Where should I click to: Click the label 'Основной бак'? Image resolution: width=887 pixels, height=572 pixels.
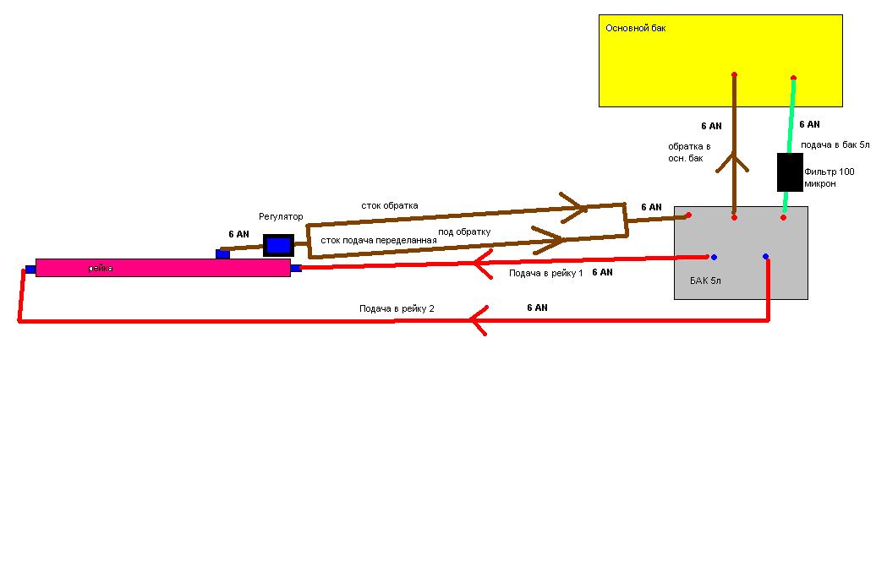[636, 28]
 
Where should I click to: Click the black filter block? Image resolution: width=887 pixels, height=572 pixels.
[790, 172]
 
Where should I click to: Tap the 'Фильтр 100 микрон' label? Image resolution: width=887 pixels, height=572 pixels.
[829, 177]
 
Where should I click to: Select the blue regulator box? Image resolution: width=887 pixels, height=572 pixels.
[278, 246]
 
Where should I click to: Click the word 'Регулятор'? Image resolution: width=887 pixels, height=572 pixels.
[281, 217]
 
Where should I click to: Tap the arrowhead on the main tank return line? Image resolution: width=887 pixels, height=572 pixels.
[734, 161]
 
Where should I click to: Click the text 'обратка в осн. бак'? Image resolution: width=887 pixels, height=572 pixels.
[689, 152]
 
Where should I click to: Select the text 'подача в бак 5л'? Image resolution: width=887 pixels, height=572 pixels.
[835, 144]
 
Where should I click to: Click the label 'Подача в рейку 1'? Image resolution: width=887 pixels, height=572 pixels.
[545, 274]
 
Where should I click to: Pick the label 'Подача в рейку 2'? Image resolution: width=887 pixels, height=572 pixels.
[397, 309]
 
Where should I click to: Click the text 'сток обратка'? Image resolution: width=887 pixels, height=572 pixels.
[389, 205]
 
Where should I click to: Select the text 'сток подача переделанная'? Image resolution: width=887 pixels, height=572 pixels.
[378, 240]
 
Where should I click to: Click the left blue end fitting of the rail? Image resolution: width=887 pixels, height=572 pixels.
[30, 270]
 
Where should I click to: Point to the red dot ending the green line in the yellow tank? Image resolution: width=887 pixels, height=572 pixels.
[793, 79]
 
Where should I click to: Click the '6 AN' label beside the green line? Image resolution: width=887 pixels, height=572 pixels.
[809, 124]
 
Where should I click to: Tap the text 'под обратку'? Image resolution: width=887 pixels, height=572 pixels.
[464, 232]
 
